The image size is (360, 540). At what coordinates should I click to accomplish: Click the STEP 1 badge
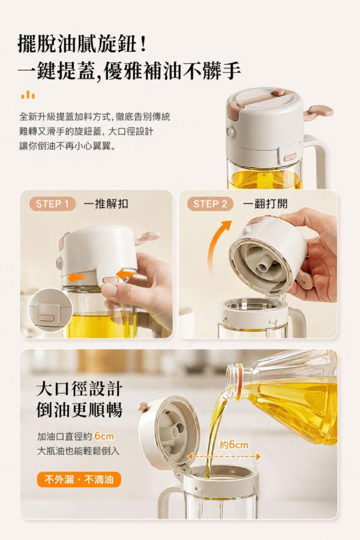(x=52, y=204)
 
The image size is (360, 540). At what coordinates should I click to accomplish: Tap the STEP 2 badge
(x=210, y=204)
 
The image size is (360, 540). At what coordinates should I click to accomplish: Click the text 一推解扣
(x=106, y=204)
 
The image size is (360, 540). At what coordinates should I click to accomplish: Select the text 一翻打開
(x=265, y=204)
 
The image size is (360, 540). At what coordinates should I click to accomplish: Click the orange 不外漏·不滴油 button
(x=79, y=479)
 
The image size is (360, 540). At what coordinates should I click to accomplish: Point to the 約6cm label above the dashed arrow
(x=234, y=445)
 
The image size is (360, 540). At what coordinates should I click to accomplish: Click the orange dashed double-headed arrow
(x=224, y=457)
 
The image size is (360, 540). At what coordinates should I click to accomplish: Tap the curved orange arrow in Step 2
(x=217, y=245)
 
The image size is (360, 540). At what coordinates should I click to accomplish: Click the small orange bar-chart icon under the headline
(x=28, y=95)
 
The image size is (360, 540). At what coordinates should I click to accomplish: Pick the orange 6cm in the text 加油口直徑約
(x=104, y=436)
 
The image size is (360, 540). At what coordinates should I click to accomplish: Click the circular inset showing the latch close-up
(x=49, y=310)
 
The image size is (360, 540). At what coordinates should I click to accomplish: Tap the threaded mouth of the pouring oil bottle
(x=234, y=380)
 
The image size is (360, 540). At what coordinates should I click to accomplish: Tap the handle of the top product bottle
(x=319, y=162)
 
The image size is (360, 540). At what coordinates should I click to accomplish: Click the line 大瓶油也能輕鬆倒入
(x=78, y=451)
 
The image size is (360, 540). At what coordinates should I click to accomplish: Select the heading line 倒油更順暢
(x=80, y=410)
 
